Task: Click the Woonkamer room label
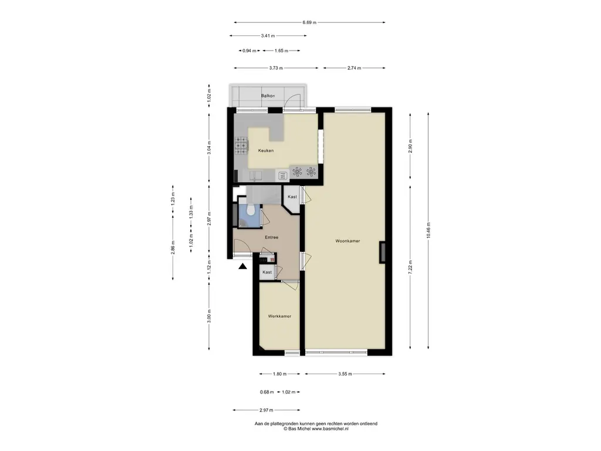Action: pos(347,241)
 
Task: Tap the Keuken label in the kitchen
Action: pos(266,151)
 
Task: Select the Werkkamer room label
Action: pos(279,317)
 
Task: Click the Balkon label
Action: pos(268,96)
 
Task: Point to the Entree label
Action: pos(271,237)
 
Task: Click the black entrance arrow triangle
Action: pos(242,266)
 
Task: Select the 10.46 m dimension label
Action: pos(428,230)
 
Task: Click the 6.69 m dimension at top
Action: pos(309,23)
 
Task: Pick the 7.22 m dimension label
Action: pos(410,267)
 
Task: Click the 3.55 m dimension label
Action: pos(345,374)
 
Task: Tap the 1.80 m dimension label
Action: pos(279,374)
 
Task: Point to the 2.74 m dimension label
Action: pos(354,68)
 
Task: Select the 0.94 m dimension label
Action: pos(249,51)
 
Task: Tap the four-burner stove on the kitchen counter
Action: pos(241,146)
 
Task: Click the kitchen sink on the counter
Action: pos(256,176)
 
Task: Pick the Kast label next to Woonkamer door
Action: pos(292,197)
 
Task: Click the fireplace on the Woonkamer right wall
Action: pos(382,253)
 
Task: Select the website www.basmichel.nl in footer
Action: pos(330,429)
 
